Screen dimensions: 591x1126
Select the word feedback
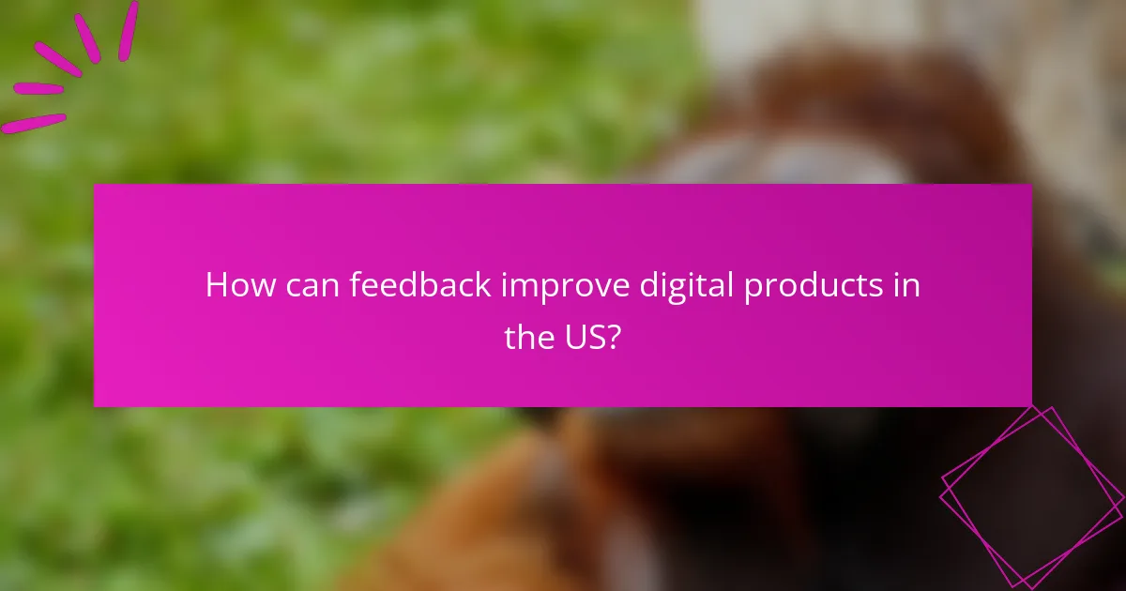[421, 285]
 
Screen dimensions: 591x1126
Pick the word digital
[681, 285]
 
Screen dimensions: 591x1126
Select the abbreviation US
[588, 336]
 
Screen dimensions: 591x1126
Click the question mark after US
[616, 336]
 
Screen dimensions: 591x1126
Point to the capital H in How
[216, 285]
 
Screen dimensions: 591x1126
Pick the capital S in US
[599, 336]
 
